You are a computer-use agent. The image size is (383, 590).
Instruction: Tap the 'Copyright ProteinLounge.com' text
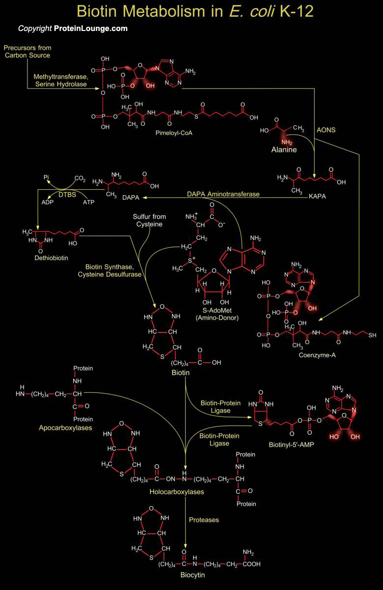[73, 29]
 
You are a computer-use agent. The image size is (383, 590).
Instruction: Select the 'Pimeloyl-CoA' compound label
[172, 132]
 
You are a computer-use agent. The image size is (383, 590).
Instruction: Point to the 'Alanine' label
[284, 149]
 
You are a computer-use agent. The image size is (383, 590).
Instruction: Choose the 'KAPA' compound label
[318, 196]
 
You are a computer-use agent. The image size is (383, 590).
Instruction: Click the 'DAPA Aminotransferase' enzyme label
[223, 194]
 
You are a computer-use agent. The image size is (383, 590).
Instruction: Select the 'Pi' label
[46, 178]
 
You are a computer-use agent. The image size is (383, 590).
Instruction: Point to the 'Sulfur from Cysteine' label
[149, 221]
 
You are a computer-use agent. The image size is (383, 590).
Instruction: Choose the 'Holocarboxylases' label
[170, 491]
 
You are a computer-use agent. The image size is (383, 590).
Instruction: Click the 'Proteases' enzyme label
[204, 519]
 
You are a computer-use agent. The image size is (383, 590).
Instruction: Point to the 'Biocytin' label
[192, 574]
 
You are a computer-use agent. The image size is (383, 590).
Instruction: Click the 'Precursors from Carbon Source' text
[27, 52]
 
